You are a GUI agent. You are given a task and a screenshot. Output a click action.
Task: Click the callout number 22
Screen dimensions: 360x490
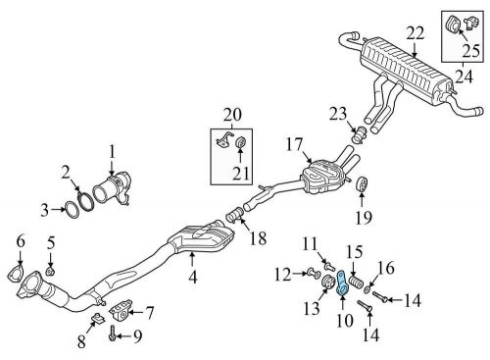pos(416,33)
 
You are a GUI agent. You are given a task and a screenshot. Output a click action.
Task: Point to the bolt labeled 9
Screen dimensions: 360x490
pos(112,335)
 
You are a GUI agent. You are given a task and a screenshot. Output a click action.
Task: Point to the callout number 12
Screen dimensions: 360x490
pos(281,273)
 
